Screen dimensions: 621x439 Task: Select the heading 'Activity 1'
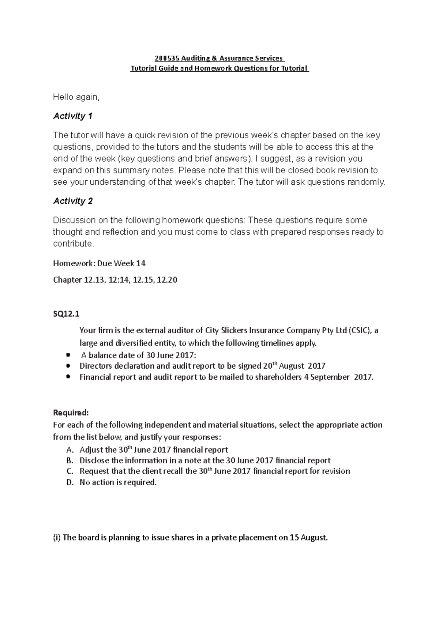point(72,116)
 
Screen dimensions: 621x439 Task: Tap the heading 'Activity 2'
point(72,201)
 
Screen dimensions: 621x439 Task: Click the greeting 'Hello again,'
point(76,97)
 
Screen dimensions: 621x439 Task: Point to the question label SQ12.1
point(66,314)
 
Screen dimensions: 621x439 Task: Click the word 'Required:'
point(71,413)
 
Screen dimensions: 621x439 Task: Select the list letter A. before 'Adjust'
point(70,450)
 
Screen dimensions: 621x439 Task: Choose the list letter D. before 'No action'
point(70,482)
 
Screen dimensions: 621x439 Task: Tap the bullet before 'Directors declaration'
point(68,366)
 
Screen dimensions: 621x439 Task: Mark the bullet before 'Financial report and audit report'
point(68,377)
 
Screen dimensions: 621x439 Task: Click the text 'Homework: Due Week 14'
point(99,263)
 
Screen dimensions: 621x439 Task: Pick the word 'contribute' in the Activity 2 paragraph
point(72,244)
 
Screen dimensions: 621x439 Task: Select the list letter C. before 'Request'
point(70,471)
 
